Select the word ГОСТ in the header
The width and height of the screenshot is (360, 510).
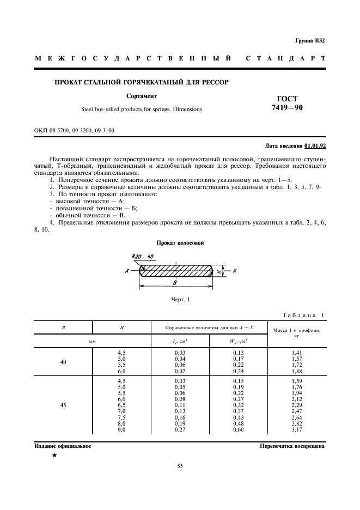pos(288,99)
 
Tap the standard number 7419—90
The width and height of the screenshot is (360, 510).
pos(288,108)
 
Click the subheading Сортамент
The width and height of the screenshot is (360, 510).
pos(141,96)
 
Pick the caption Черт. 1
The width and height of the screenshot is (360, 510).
pos(180,299)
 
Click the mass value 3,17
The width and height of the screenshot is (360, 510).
pos(297,430)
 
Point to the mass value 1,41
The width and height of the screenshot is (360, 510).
pos(297,353)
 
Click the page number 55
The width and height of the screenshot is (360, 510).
pos(180,466)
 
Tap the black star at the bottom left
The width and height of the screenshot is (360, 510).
pos(54,456)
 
